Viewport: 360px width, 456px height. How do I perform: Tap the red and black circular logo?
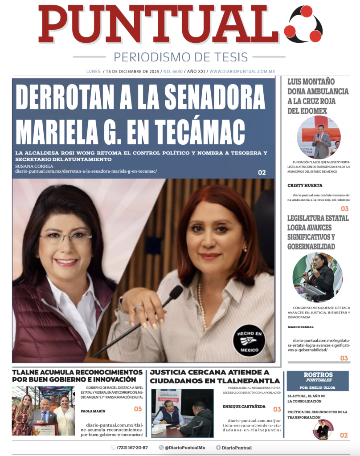point(303,24)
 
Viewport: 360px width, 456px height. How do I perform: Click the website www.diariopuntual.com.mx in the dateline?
point(242,71)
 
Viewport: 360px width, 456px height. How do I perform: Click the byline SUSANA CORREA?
point(34,166)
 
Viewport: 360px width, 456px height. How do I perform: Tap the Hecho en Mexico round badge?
point(249,341)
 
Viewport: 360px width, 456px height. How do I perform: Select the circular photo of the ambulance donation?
point(319,137)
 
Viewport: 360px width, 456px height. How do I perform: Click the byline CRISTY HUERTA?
point(305,185)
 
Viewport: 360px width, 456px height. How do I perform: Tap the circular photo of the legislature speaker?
point(317,277)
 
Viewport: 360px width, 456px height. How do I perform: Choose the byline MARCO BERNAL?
point(303,327)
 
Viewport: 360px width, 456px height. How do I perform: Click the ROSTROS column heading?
point(318,375)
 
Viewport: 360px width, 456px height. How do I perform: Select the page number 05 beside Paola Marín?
point(138,409)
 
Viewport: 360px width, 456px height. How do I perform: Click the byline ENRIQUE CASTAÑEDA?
point(243,407)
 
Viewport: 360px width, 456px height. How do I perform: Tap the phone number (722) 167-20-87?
point(132,448)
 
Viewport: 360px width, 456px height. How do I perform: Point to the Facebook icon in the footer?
point(218,448)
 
